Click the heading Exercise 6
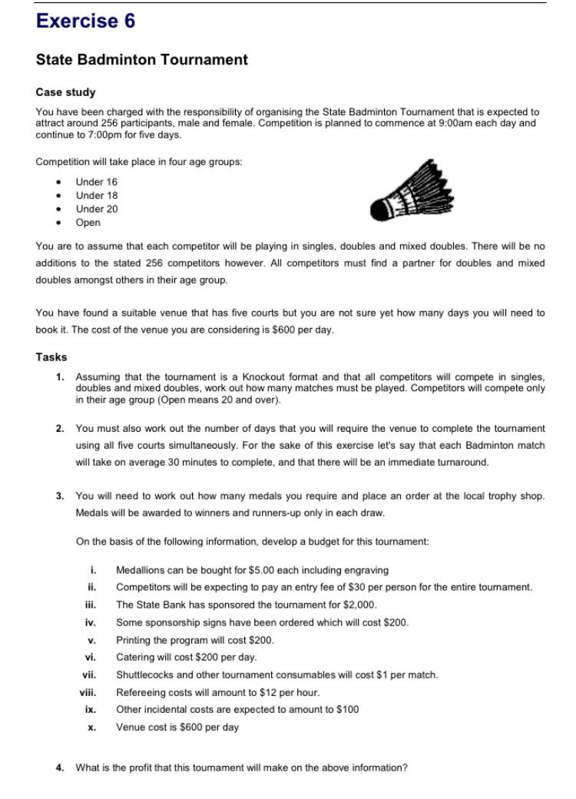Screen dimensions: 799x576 click(x=85, y=22)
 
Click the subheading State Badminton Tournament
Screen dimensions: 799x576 click(x=141, y=59)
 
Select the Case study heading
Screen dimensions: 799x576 click(x=65, y=92)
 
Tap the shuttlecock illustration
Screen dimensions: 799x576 click(x=412, y=191)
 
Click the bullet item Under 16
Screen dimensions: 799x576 click(x=96, y=182)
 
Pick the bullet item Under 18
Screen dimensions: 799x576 click(x=96, y=195)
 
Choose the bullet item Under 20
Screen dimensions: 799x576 click(x=96, y=209)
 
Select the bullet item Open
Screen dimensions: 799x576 click(x=88, y=223)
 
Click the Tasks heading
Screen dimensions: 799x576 click(x=51, y=357)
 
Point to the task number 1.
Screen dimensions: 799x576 click(x=60, y=376)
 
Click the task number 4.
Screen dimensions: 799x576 click(x=60, y=768)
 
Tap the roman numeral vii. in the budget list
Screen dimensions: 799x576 click(x=88, y=675)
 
